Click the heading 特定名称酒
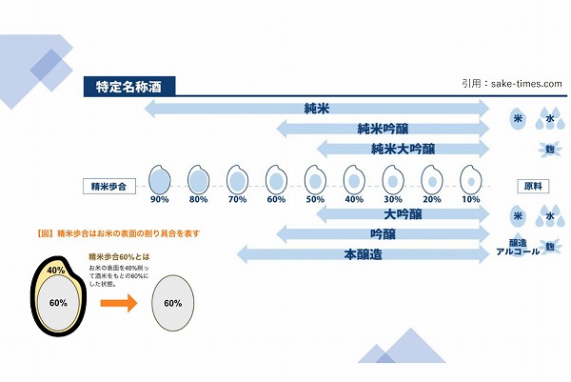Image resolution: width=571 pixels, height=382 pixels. click(x=128, y=86)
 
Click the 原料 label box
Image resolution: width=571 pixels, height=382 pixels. click(x=531, y=185)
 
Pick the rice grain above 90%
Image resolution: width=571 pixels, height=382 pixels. click(x=160, y=179)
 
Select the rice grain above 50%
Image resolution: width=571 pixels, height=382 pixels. click(x=315, y=179)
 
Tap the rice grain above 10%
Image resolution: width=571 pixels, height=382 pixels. click(x=469, y=179)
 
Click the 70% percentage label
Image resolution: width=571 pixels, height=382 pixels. click(x=237, y=199)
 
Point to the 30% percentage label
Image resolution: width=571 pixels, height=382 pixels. click(x=392, y=199)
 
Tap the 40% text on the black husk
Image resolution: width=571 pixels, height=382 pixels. click(x=57, y=271)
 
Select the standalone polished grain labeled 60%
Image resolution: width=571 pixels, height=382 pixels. click(x=173, y=303)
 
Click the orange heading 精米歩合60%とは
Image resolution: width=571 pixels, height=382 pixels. click(x=119, y=256)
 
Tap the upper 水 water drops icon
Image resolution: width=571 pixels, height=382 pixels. click(x=548, y=119)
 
